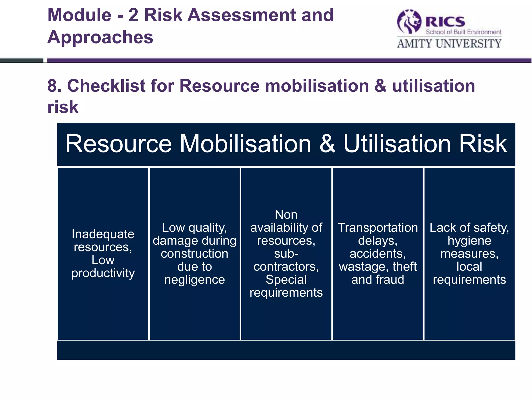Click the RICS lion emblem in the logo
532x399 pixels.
click(409, 22)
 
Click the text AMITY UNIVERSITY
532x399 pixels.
click(449, 43)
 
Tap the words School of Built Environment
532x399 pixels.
click(463, 32)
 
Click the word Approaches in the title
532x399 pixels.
click(100, 37)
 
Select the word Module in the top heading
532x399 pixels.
click(79, 15)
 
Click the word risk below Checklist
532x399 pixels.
click(63, 107)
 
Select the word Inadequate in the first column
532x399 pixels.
click(103, 234)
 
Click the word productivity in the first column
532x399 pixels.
click(103, 273)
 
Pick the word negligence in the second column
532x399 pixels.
click(195, 280)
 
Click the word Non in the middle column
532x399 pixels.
click(286, 215)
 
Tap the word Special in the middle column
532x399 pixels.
click(286, 280)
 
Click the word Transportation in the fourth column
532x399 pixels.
click(378, 228)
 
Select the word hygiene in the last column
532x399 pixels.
click(469, 241)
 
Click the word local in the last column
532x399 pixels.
click(469, 267)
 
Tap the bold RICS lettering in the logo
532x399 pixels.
click(445, 22)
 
